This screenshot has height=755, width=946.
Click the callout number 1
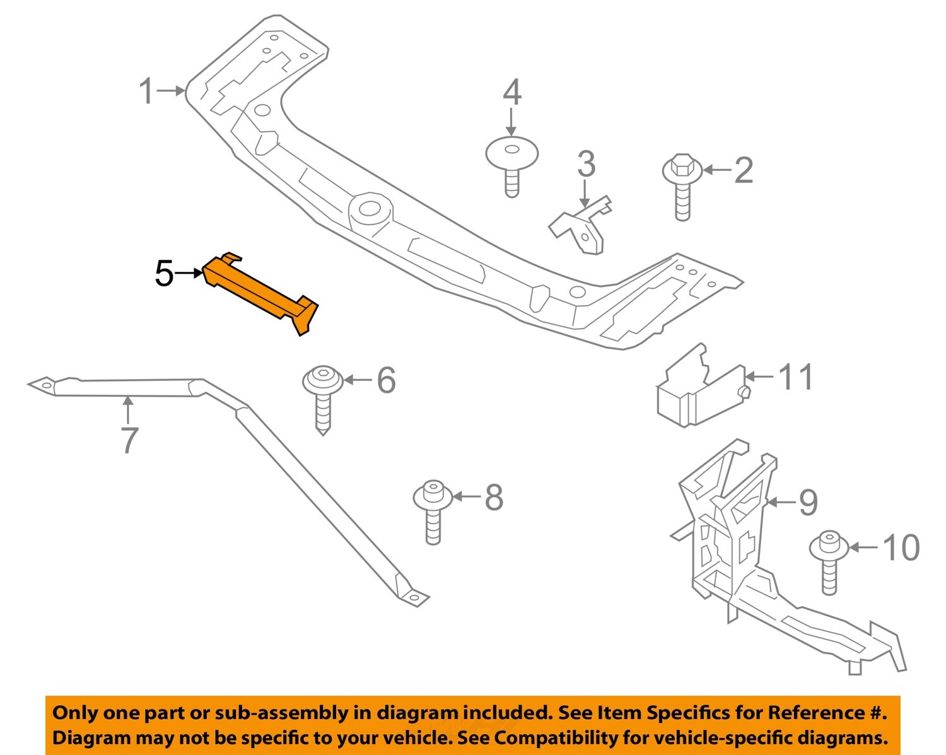(146, 92)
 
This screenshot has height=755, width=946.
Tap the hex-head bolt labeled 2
(682, 185)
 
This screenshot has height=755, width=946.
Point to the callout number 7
(129, 440)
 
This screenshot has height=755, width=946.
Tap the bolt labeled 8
(433, 512)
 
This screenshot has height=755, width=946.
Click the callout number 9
(808, 503)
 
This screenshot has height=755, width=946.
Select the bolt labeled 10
(829, 561)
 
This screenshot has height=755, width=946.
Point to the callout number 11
(796, 377)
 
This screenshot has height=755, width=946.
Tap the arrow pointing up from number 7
(128, 409)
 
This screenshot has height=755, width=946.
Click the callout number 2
(744, 170)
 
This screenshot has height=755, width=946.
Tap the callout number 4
(511, 93)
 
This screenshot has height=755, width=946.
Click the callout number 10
(901, 547)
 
